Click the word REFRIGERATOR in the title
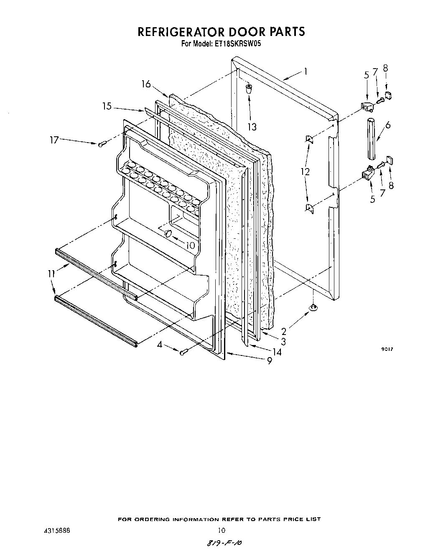click(x=180, y=32)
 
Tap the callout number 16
click(x=145, y=84)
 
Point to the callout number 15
click(x=107, y=107)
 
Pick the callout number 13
click(x=252, y=127)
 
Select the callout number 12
click(x=306, y=171)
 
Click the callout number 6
click(x=388, y=125)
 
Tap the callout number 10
click(x=190, y=245)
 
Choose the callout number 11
click(x=51, y=273)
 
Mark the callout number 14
click(x=276, y=352)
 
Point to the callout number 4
click(x=159, y=345)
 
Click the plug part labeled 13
click(x=249, y=88)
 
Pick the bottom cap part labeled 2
click(x=313, y=308)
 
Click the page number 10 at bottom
click(x=222, y=530)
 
